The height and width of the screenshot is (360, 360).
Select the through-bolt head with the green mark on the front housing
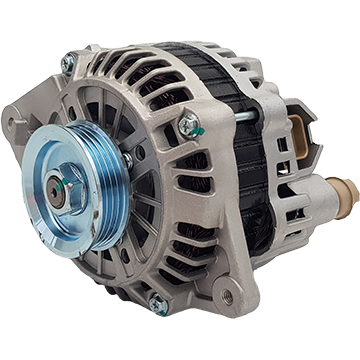click(x=187, y=125)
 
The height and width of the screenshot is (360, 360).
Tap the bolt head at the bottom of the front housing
click(x=157, y=306)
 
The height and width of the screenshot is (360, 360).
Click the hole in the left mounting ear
click(x=14, y=124)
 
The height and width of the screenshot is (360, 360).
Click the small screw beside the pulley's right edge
click(x=127, y=159)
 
